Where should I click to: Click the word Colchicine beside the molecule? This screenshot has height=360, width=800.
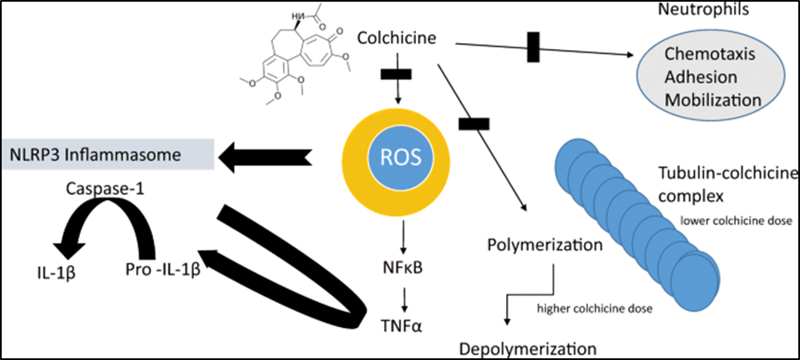tap(397, 38)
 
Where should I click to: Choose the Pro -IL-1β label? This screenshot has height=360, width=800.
tap(162, 269)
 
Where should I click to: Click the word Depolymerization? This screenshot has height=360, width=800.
tap(527, 349)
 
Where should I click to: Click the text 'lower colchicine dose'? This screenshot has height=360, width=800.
tap(736, 221)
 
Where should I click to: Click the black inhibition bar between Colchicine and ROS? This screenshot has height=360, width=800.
tap(396, 74)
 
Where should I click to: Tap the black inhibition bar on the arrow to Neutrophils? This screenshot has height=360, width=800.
tap(533, 47)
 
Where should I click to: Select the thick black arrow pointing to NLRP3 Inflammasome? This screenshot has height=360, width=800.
tap(261, 157)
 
